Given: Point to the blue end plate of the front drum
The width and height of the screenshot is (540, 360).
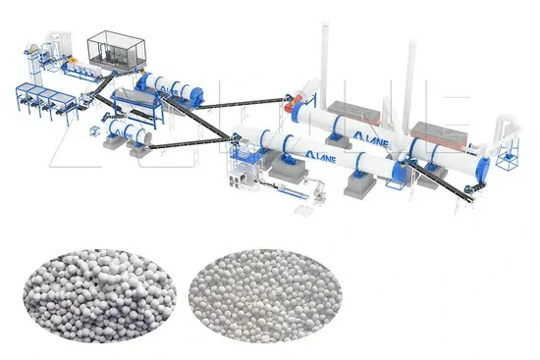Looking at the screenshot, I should point(398,168).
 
